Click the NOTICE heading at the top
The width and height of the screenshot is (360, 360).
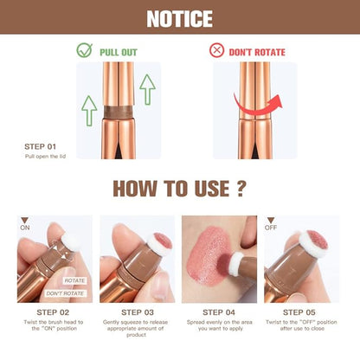(x=180, y=18)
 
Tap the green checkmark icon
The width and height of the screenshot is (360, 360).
(x=84, y=50)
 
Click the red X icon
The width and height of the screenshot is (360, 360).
(x=216, y=50)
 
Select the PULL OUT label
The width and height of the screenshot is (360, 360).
(x=119, y=51)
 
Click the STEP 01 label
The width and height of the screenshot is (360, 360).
(x=41, y=146)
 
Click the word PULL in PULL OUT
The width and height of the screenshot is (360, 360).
(x=109, y=51)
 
